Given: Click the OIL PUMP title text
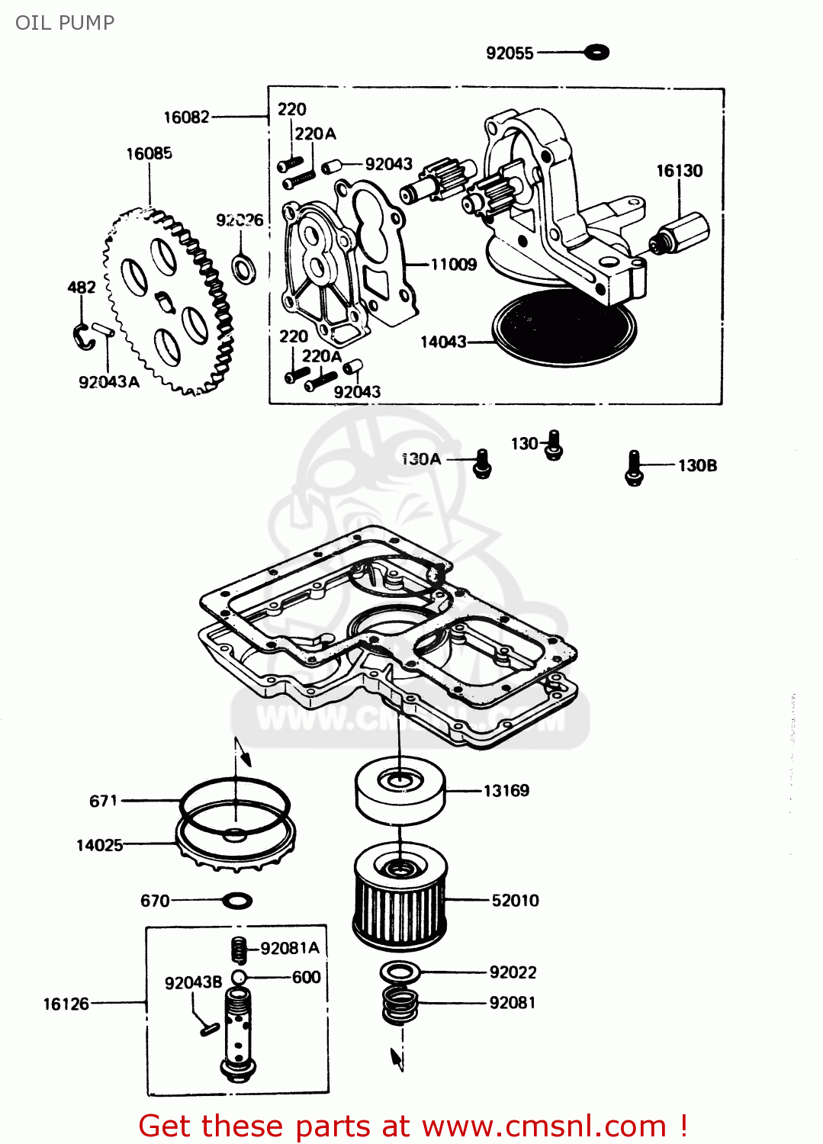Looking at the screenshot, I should [65, 22].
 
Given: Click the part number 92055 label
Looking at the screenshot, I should [510, 53].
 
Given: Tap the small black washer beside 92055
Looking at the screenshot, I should [596, 53].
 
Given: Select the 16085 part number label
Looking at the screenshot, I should [149, 153].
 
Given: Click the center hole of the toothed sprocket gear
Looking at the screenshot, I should [166, 302].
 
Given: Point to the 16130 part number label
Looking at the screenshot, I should [679, 171].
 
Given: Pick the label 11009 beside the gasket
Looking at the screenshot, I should [453, 265].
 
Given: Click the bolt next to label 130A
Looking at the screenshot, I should [482, 463].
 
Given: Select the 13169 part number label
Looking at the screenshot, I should [506, 791].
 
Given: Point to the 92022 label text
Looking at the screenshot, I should [513, 972].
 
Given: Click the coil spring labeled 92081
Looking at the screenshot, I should [400, 1005].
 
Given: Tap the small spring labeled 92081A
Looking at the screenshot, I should [240, 950].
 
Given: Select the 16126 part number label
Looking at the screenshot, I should [66, 1004].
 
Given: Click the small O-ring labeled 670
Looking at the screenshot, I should [237, 901].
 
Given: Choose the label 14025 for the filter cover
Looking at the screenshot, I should [99, 845].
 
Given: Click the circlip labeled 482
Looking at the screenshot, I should [82, 336].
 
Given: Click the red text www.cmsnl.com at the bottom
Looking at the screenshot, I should [545, 1126].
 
